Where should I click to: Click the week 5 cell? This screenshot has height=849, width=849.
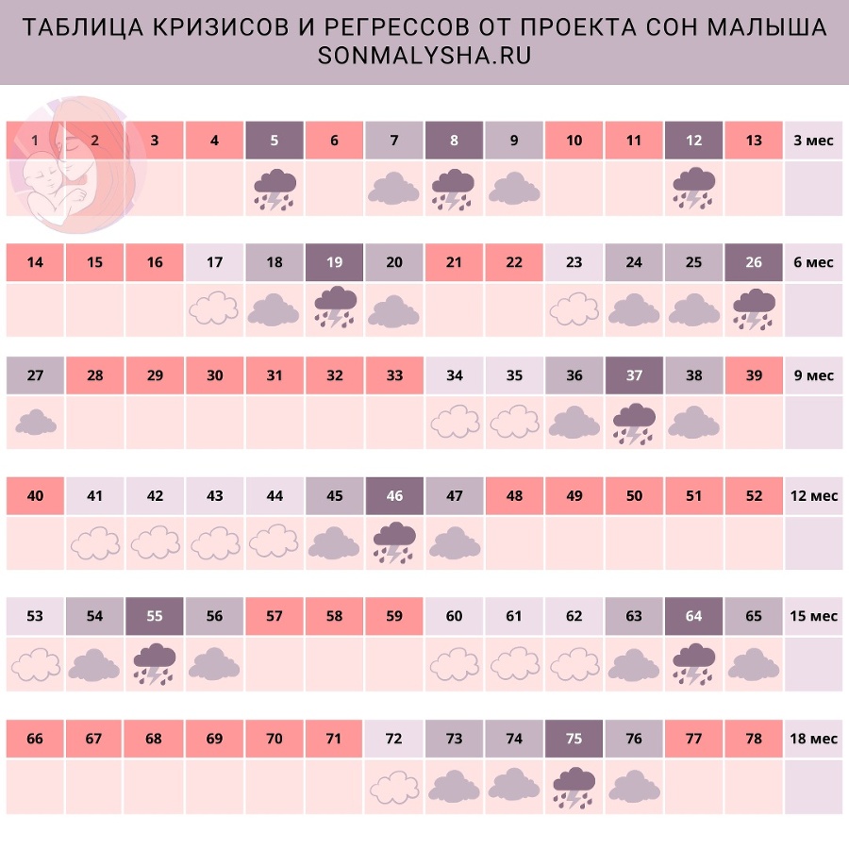pos(275,141)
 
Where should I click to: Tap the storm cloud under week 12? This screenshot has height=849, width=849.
pos(693,188)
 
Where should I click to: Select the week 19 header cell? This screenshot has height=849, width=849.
pos(334,262)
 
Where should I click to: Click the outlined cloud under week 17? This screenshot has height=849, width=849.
pos(214,308)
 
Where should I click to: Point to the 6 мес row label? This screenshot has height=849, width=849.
pos(813,262)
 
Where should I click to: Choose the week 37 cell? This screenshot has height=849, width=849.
pos(634,375)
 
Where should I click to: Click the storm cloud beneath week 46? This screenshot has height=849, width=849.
pos(394,541)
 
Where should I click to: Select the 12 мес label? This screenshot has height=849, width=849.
pos(813,496)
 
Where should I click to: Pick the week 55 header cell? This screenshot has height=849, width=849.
pos(155,617)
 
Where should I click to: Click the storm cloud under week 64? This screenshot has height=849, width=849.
pos(693,662)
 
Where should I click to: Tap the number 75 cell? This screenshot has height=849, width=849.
pos(574,739)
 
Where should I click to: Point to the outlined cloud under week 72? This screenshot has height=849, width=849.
pos(394,785)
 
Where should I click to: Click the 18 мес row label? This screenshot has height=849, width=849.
pos(813,739)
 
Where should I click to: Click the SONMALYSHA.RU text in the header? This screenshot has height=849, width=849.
pos(424,57)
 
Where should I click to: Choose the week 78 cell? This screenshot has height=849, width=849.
pos(754,739)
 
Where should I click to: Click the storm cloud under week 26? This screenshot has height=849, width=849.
pos(754,308)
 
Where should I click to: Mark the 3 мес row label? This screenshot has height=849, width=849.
pos(813,141)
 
